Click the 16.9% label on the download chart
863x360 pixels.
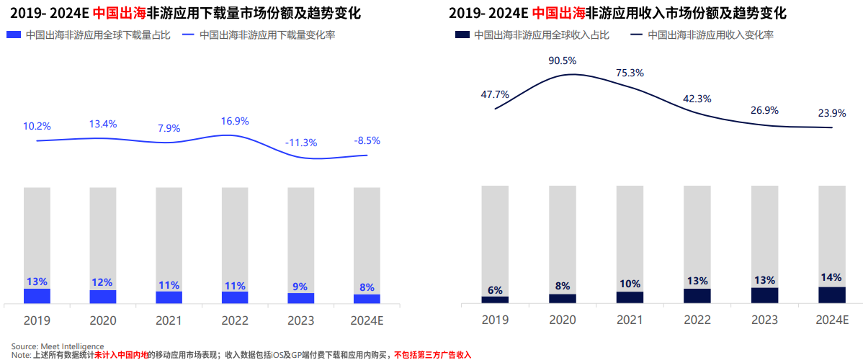[235, 121]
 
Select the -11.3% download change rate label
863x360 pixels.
[301, 143]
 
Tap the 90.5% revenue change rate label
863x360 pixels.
[563, 60]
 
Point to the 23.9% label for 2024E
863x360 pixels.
[832, 113]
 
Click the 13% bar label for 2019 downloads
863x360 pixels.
[37, 282]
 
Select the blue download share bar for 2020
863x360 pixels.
[103, 297]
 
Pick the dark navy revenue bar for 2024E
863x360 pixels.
[832, 294]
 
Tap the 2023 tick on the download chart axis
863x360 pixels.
[301, 320]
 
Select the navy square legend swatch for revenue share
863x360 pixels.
[462, 35]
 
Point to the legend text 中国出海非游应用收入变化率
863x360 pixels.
[710, 35]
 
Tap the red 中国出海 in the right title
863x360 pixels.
[558, 13]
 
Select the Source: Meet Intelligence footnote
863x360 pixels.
[58, 346]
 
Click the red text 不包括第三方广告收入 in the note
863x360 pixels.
[432, 355]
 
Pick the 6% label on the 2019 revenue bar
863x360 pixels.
[495, 290]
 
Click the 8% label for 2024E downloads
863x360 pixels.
[367, 287]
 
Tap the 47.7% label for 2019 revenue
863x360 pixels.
[495, 94]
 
